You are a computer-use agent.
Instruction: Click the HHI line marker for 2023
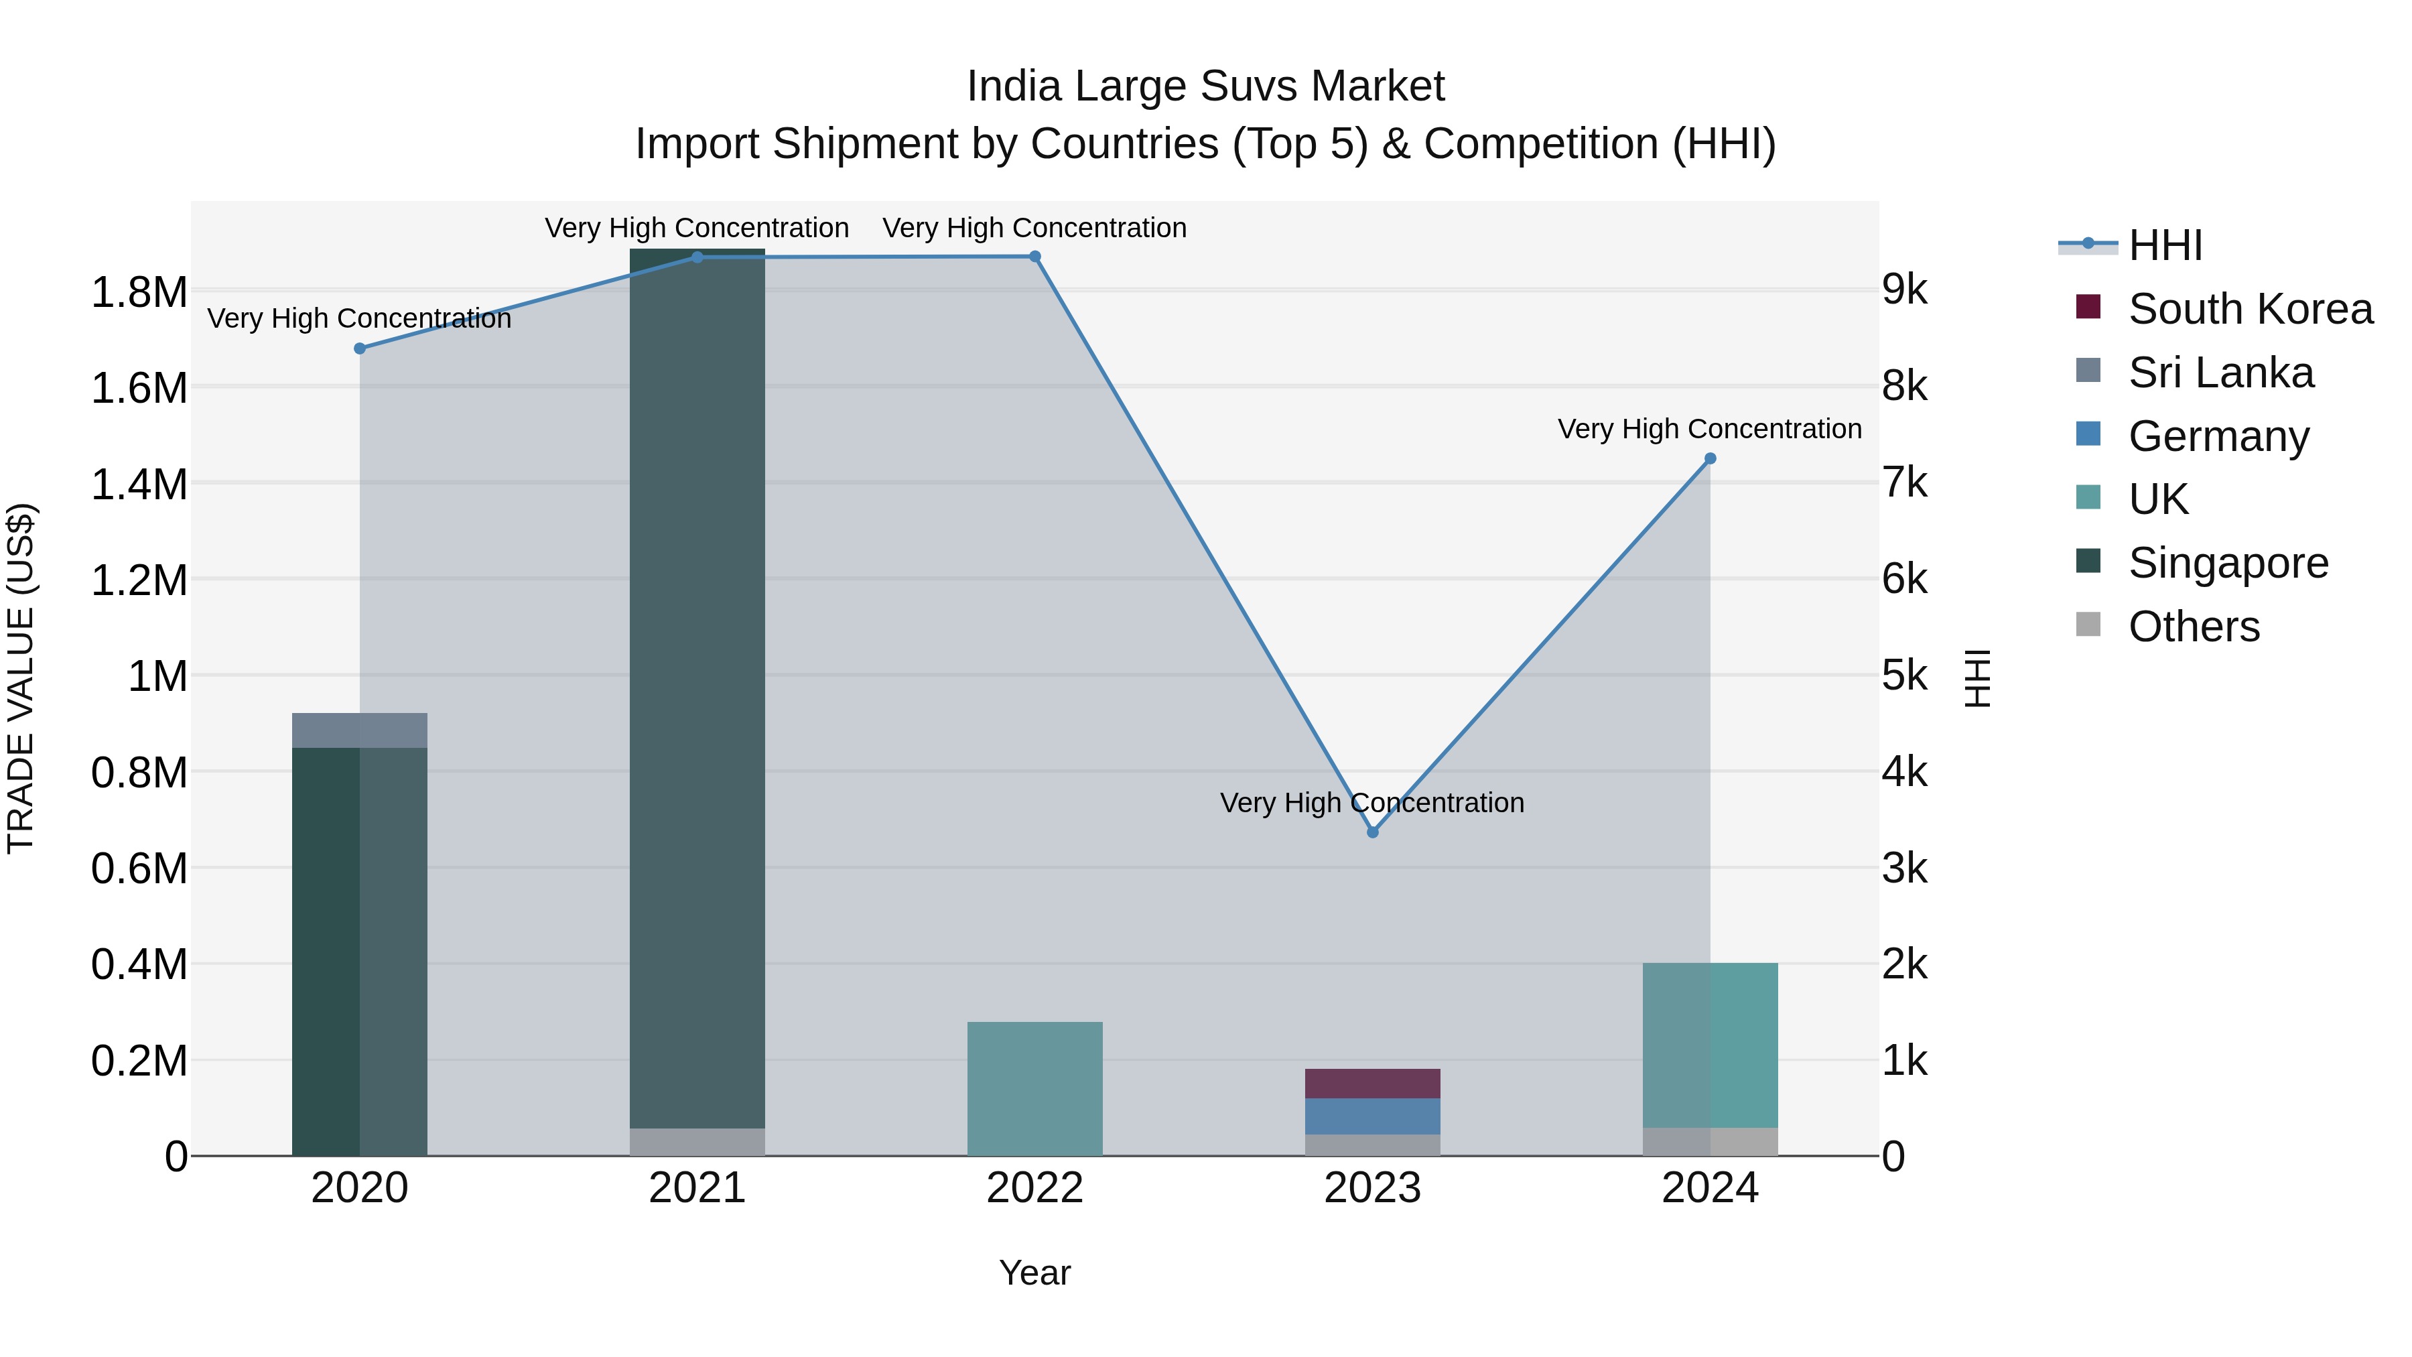tap(1373, 832)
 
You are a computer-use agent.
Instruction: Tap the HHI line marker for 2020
tap(360, 348)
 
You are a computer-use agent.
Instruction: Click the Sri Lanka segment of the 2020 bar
tap(360, 730)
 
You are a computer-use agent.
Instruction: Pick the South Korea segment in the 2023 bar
tap(1373, 1084)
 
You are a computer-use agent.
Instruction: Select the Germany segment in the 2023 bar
tap(1373, 1116)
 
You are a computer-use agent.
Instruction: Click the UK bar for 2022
tap(1034, 1088)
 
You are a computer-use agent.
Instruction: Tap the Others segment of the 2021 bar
tap(697, 1142)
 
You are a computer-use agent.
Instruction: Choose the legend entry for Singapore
tap(2228, 563)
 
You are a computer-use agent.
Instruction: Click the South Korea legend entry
tap(2250, 309)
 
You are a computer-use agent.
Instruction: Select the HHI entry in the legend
tap(2165, 245)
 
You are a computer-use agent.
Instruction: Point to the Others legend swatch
tap(2088, 625)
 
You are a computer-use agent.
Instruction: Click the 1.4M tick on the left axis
tap(139, 485)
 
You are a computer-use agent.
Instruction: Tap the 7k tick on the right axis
tap(1905, 484)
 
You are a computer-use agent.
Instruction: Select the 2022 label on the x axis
tap(1034, 1188)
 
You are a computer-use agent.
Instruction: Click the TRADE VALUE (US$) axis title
tap(21, 678)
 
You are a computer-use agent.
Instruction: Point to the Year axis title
tap(1034, 1273)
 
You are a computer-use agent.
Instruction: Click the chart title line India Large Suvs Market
tap(1205, 86)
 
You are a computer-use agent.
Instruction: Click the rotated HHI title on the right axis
tap(1978, 678)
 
